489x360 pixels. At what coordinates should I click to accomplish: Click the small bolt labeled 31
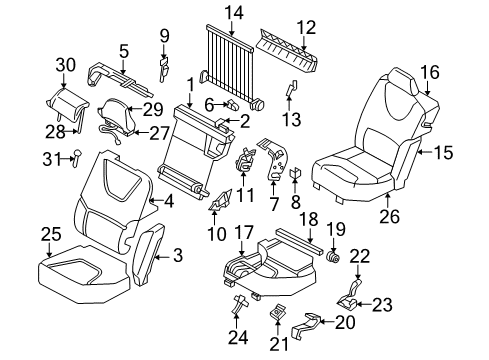pyautogui.click(x=75, y=154)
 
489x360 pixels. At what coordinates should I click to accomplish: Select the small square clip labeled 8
pyautogui.click(x=295, y=174)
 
